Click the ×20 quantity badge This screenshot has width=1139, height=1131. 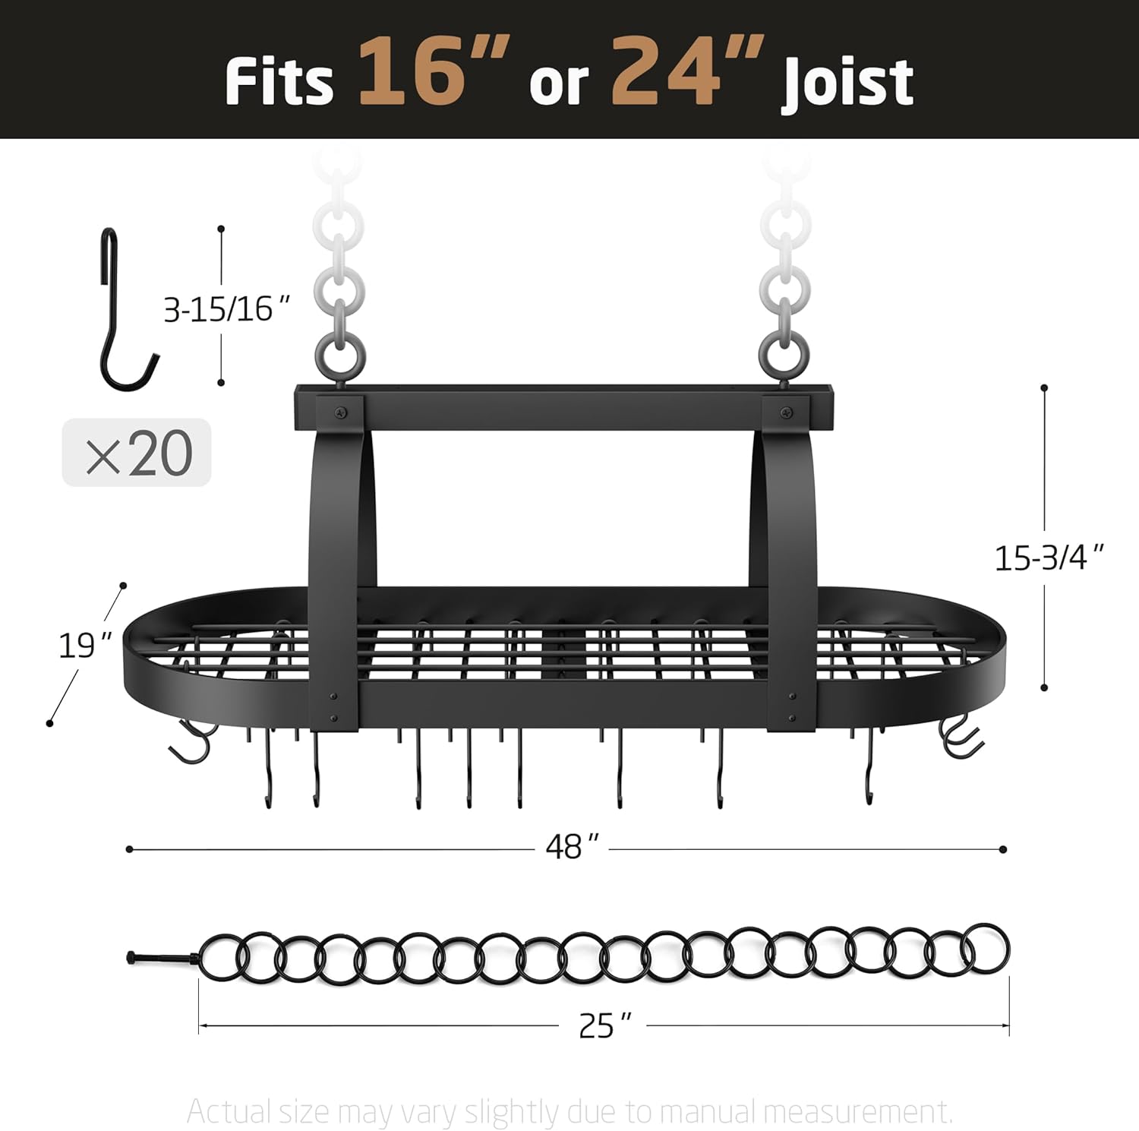click(137, 453)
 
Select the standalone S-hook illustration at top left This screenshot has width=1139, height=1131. click(125, 311)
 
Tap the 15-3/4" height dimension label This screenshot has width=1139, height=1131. click(1048, 558)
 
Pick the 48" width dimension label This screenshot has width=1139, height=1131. click(572, 847)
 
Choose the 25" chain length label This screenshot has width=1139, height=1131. click(604, 1025)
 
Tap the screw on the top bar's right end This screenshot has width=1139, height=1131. click(783, 413)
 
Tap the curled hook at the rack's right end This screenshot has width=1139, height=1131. click(960, 737)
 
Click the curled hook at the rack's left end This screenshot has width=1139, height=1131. click(191, 741)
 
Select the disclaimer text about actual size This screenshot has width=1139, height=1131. click(569, 1111)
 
